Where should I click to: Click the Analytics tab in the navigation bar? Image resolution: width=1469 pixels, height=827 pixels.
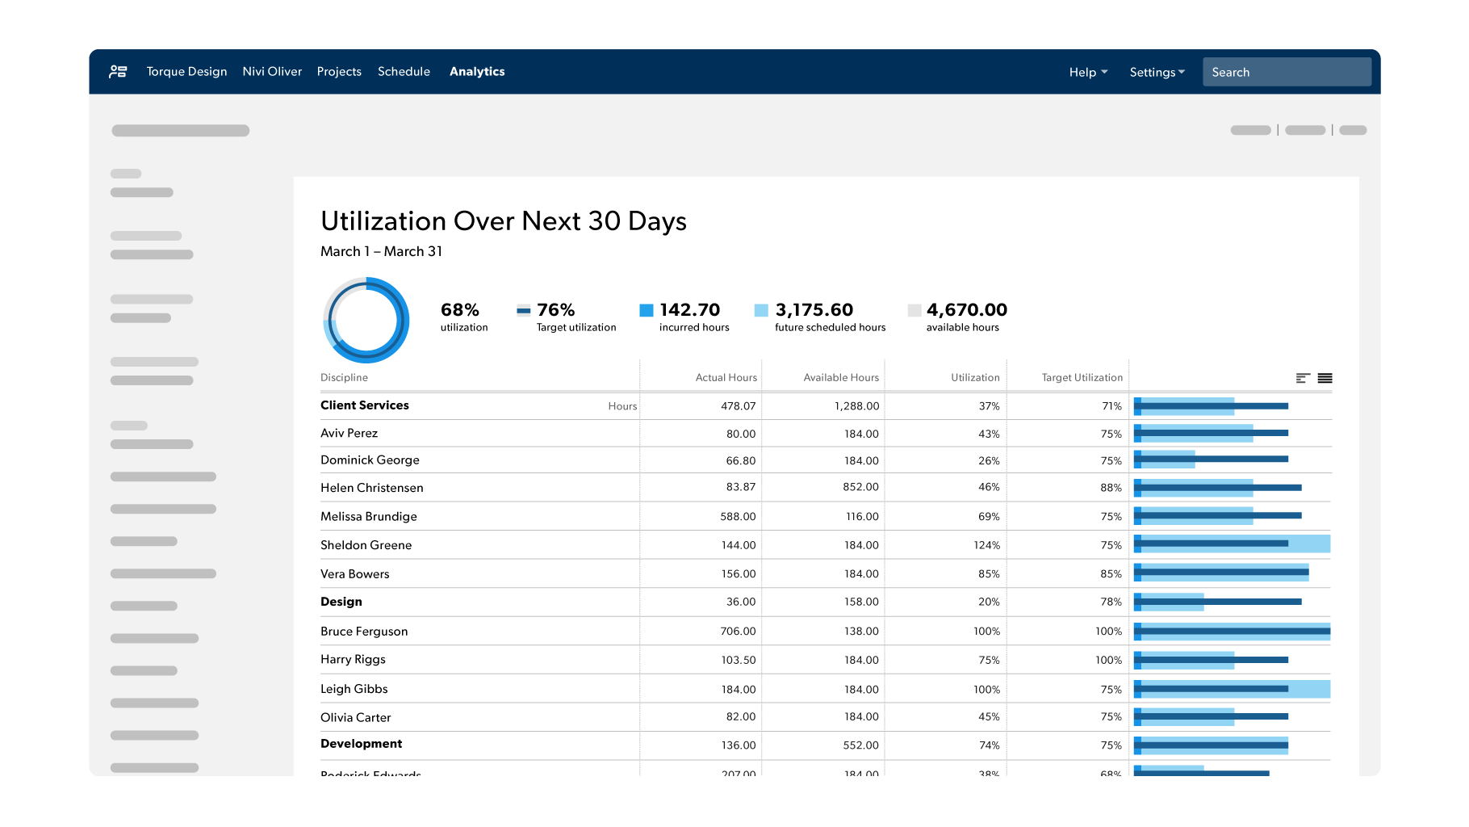coord(477,72)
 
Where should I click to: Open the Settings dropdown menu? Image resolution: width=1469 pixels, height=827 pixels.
coord(1157,73)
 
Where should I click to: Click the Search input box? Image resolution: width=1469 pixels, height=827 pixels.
coord(1286,72)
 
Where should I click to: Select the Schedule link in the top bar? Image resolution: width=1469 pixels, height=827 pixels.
coord(404,72)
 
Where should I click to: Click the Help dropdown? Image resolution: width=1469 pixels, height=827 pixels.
coord(1087,73)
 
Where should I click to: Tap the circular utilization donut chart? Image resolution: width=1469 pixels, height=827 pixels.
coord(366,321)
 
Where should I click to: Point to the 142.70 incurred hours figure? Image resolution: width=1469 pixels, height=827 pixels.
coord(689,310)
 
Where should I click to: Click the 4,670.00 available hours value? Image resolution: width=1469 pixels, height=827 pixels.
coord(966,310)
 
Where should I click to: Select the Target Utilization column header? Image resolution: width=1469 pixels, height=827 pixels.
coord(1082,378)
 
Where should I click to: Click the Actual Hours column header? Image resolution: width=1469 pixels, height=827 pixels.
coord(726,378)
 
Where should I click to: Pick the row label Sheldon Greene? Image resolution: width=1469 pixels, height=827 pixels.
coord(366,545)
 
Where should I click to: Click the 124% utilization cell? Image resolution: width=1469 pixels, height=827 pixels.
coord(986,546)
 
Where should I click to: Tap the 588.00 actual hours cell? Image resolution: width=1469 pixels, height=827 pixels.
coord(738,517)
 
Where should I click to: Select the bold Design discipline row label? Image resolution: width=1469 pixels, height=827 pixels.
coord(341,602)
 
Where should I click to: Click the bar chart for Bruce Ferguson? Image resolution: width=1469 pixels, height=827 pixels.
coord(1232,632)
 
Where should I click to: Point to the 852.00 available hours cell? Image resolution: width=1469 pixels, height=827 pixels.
coord(860,487)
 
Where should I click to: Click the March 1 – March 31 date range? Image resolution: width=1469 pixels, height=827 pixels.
coord(381,252)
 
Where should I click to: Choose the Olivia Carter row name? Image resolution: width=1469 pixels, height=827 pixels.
coord(355,718)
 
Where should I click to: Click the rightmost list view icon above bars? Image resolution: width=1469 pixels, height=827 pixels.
coord(1325,378)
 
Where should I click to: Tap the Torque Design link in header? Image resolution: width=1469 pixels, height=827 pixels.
coord(186,72)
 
